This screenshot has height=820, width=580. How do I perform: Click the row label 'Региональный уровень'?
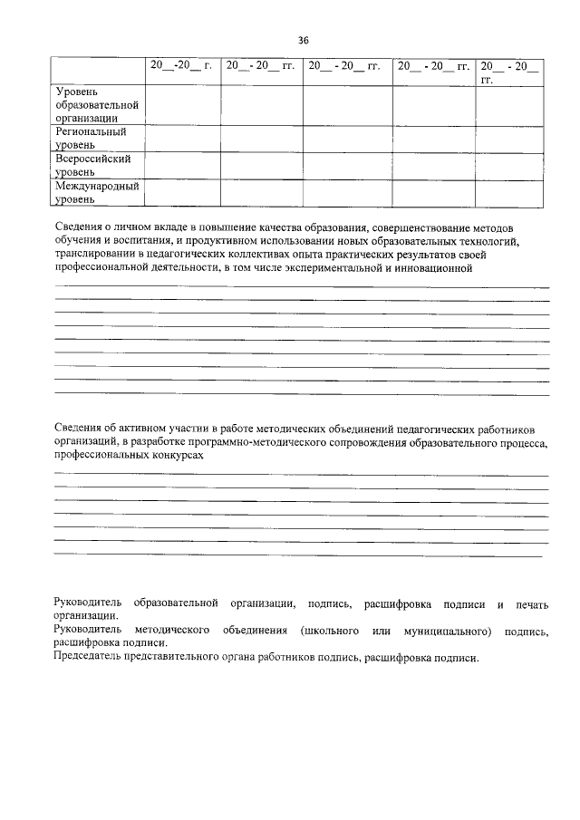[x=91, y=138]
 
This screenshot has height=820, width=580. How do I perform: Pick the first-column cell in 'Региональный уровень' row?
[x=181, y=138]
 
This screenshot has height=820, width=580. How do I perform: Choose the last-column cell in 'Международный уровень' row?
[x=511, y=192]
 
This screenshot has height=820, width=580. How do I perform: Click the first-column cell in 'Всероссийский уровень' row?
[x=181, y=165]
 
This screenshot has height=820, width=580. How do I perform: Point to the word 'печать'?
[x=532, y=603]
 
